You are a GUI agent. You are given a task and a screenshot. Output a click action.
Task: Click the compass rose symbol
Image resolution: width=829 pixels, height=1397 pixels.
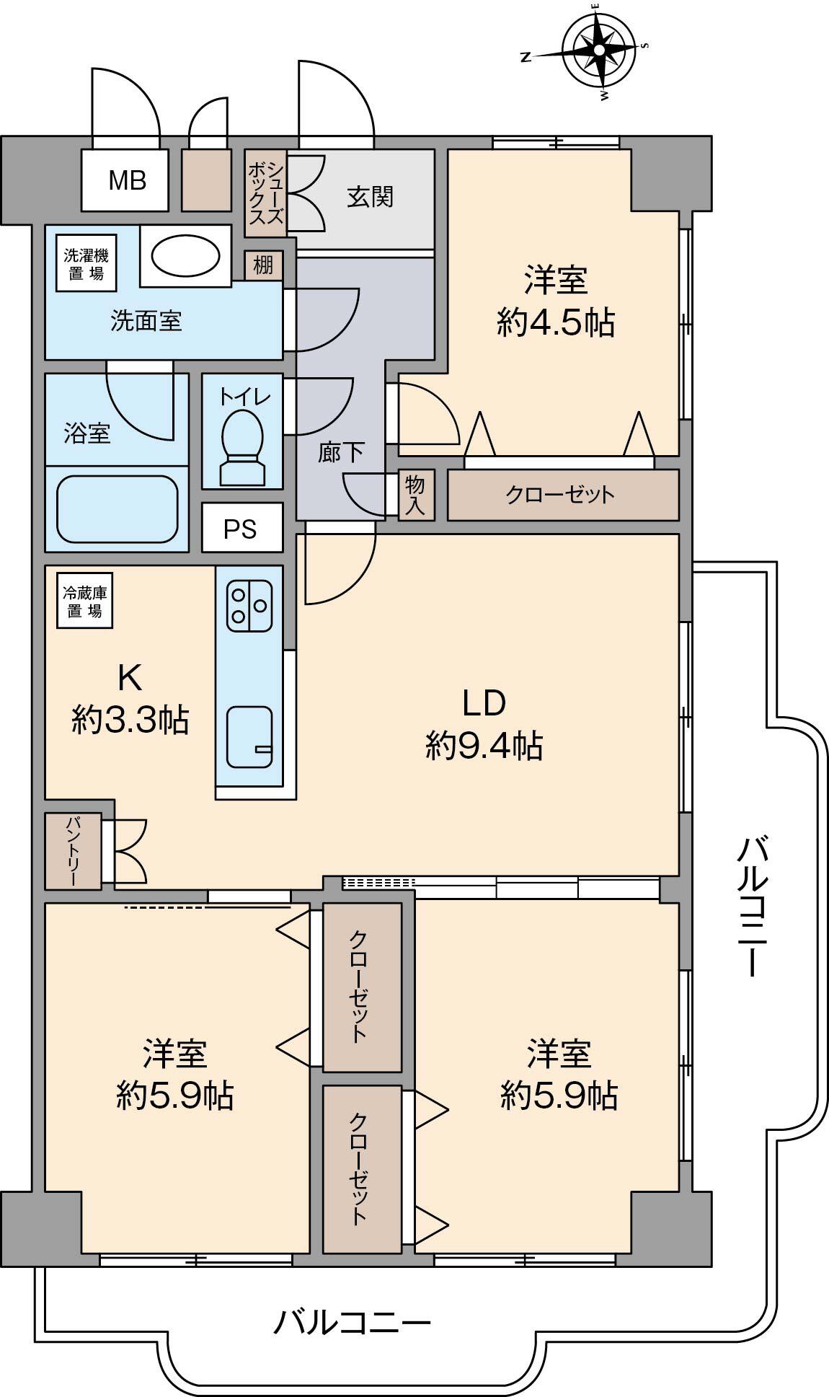599,49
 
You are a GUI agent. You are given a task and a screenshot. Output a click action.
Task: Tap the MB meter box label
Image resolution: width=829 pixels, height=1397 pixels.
128,180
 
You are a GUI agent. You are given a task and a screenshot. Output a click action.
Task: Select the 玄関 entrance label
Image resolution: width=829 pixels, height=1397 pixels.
371,197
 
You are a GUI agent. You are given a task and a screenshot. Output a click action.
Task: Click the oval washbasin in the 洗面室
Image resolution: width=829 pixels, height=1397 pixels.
185,256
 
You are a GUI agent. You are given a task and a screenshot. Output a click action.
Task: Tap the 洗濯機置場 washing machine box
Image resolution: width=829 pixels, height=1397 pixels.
87,265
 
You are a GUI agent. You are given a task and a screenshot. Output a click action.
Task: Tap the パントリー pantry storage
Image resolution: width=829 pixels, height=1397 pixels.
74,851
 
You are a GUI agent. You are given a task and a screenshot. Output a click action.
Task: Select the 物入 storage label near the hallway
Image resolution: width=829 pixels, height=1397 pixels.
416,495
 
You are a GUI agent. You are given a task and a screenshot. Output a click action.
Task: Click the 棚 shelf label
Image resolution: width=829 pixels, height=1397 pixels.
263,265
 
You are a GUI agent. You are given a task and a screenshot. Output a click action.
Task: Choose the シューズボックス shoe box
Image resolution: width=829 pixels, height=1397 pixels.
266,193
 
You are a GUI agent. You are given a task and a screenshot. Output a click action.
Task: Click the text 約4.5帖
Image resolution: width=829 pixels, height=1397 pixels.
555,322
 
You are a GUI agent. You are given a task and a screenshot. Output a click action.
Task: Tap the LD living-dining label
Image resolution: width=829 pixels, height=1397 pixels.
484,702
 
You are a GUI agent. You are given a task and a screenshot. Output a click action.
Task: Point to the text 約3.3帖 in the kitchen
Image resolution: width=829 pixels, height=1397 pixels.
130,719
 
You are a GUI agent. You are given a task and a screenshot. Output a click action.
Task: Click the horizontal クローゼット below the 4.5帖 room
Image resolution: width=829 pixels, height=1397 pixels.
563,495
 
